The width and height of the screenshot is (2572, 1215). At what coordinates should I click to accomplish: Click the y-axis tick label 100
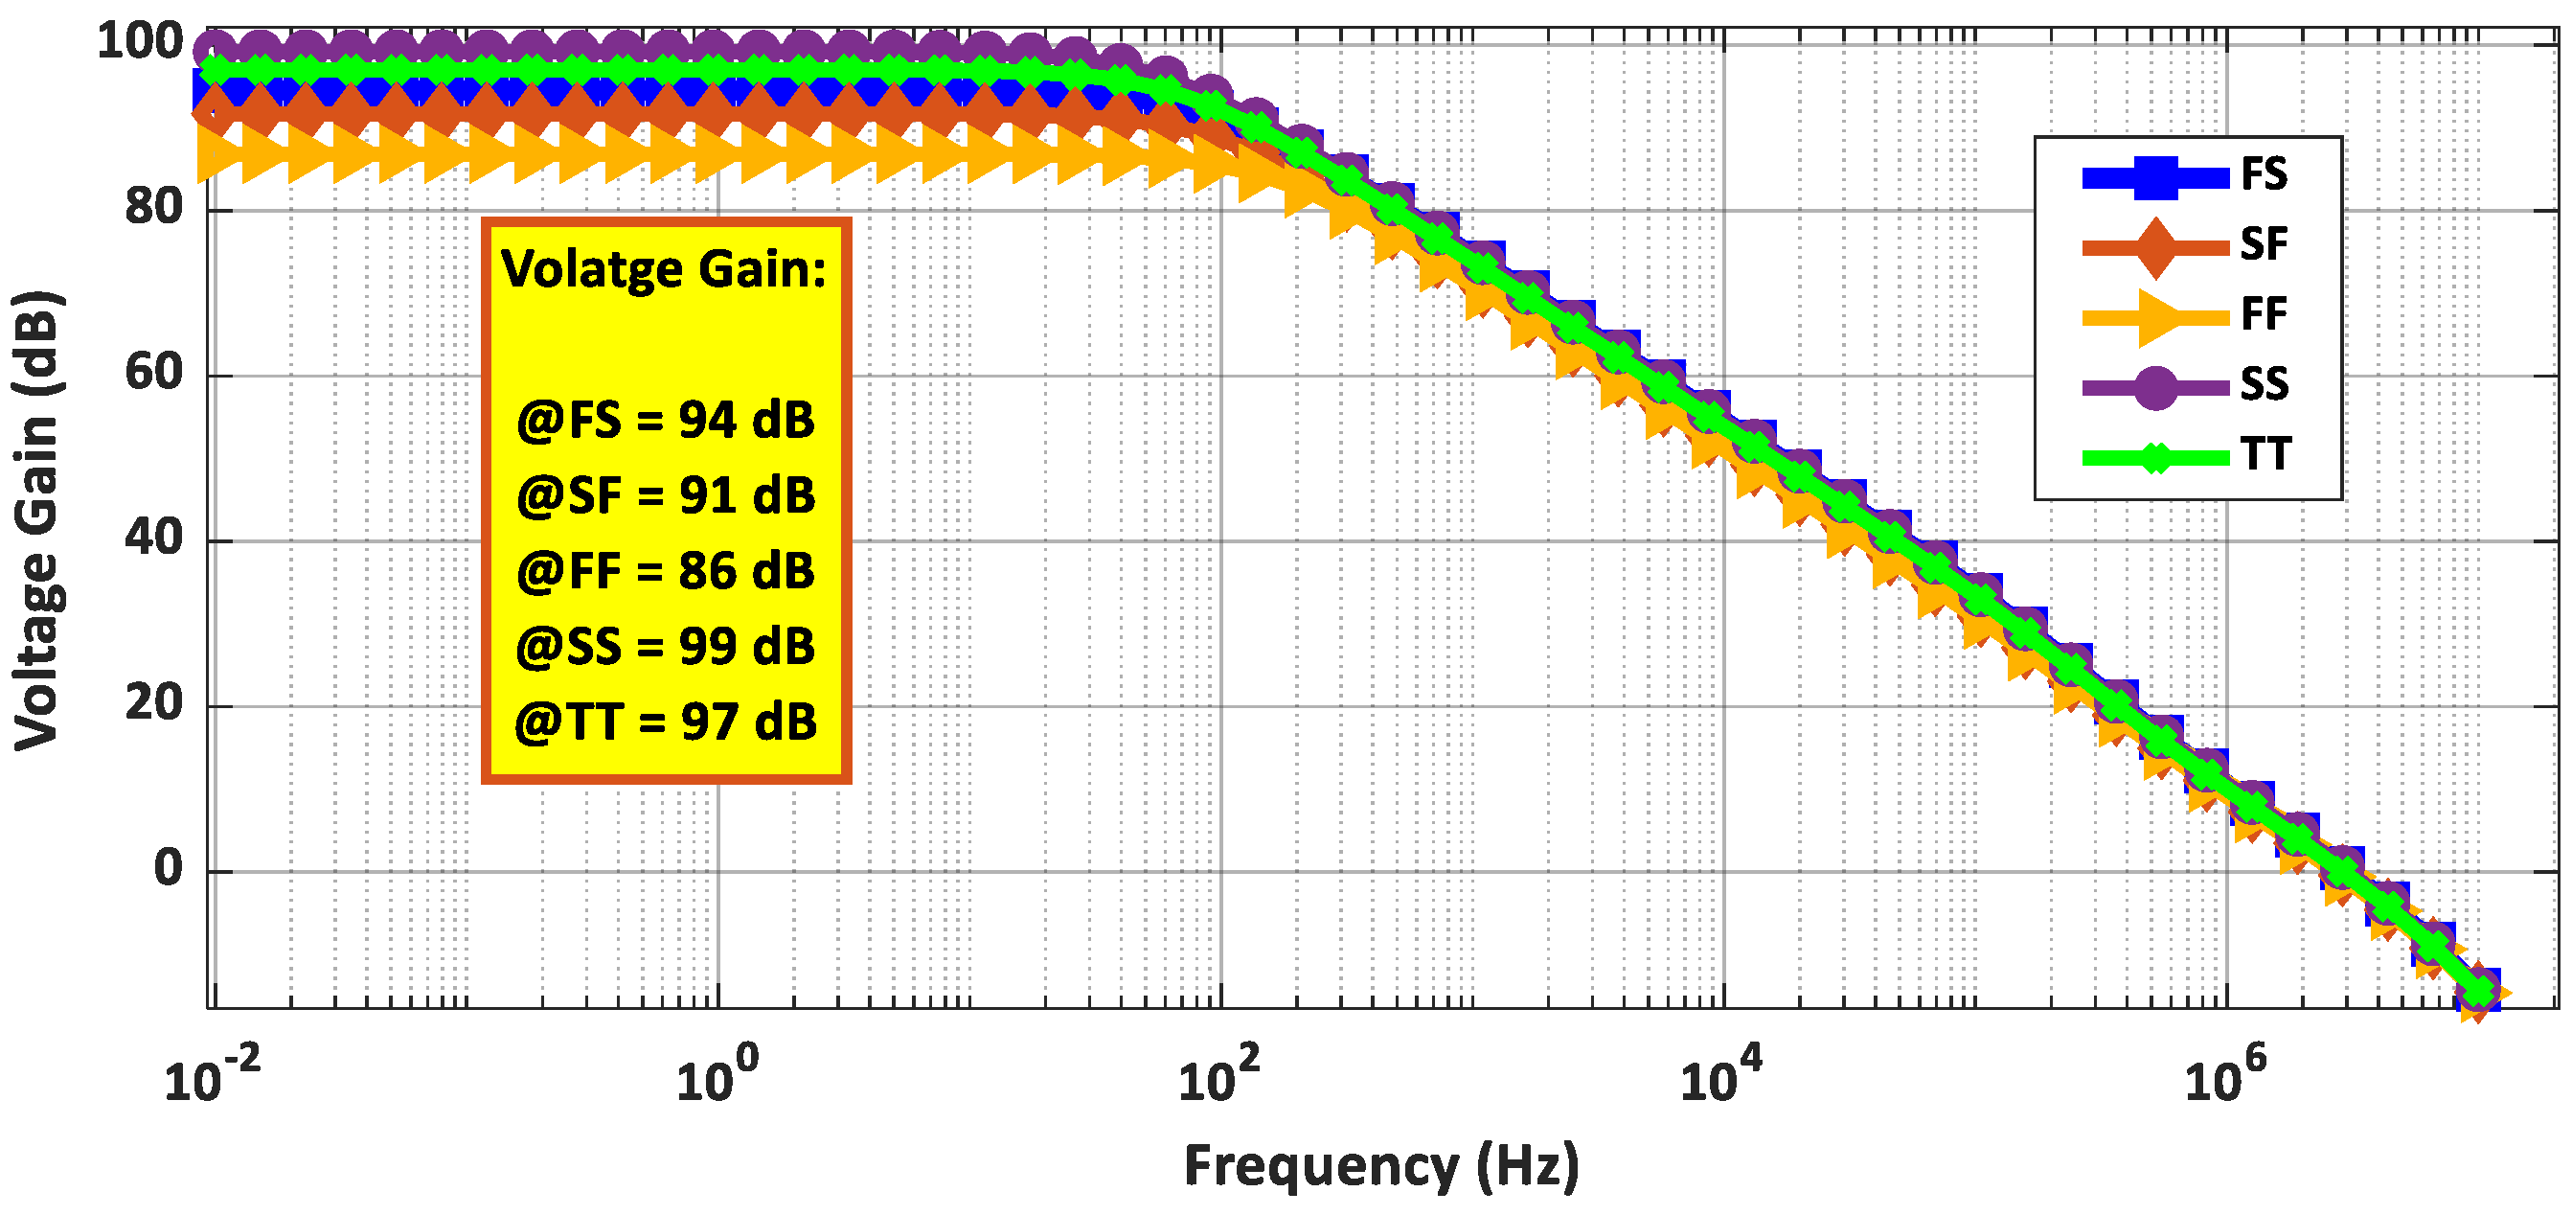(140, 42)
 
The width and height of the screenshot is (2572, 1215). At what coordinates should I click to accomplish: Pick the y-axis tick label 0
(168, 868)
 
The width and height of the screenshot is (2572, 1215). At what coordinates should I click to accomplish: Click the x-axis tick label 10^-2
(212, 1077)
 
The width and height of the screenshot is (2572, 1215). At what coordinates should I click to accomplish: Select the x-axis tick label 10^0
(717, 1077)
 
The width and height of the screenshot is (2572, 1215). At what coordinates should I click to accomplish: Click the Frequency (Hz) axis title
(1381, 1165)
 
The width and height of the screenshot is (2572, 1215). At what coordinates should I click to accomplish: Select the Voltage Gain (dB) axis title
(38, 520)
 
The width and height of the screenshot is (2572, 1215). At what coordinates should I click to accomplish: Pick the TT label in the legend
(2265, 455)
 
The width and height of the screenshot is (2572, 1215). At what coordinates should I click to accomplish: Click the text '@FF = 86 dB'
(665, 572)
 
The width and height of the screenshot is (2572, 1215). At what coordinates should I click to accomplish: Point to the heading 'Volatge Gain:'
(664, 269)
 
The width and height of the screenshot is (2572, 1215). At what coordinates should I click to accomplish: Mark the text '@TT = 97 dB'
(665, 722)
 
